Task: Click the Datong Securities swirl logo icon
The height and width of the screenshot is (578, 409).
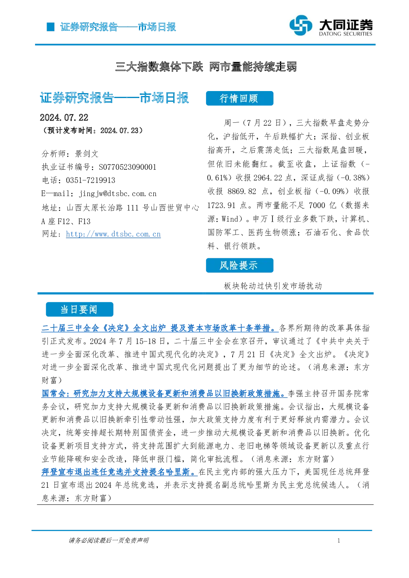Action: pos(301,25)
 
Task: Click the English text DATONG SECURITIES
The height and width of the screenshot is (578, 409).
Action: pos(346,34)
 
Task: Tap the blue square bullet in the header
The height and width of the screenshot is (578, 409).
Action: pos(51,27)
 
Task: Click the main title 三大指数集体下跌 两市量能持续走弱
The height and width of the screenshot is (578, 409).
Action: pos(206,67)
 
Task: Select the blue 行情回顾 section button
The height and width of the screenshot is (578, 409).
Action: pos(240,98)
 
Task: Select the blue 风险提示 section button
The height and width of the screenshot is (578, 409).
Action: pos(240,265)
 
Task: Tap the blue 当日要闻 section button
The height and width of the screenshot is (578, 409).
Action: pos(80,309)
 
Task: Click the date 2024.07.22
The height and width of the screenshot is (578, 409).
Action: pos(64,118)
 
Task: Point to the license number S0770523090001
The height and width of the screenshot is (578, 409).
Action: pos(127,167)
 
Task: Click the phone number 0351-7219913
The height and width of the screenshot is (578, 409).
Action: pos(91,180)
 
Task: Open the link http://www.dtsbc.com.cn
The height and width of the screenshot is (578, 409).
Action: pos(113,234)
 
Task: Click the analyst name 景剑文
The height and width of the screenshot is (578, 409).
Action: pos(87,154)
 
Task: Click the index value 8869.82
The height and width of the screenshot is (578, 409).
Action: pos(242,192)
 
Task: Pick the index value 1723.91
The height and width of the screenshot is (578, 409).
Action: pos(221,206)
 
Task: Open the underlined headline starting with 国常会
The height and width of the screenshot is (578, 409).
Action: pos(165,393)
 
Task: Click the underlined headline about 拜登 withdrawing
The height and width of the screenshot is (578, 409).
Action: pos(120,472)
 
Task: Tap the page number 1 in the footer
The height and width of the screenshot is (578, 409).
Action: pos(339,541)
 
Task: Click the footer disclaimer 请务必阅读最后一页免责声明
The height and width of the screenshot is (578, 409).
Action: pos(109,541)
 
